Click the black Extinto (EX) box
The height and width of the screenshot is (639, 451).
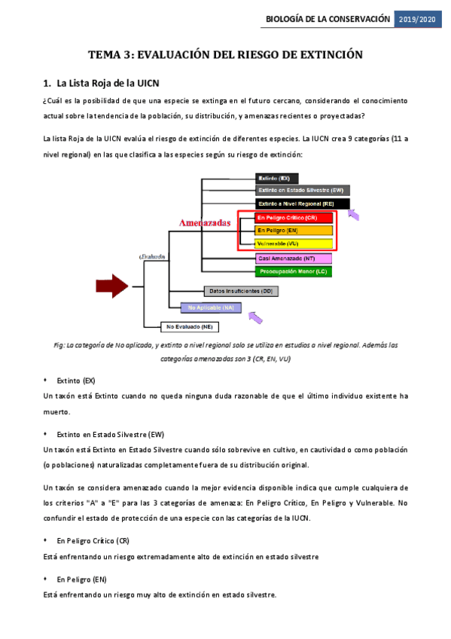point(277,179)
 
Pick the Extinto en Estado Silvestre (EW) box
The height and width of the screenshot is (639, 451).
point(302,191)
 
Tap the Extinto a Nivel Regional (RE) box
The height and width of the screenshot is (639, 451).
point(301,203)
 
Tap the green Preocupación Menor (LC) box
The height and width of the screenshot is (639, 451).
point(293,271)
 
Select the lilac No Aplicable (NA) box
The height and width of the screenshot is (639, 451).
point(210,307)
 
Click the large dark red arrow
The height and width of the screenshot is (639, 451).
point(112,286)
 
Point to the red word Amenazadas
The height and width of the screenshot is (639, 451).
point(204,223)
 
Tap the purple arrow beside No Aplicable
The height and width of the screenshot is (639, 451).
point(255,318)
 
